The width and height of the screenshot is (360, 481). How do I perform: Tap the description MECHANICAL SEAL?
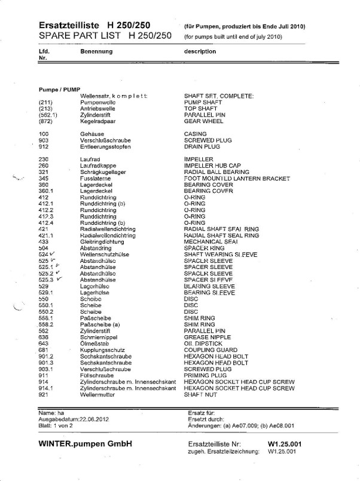coord(205,241)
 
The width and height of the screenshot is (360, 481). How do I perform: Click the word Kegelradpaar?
coord(97,121)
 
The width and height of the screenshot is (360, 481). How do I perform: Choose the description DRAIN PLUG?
coord(202,146)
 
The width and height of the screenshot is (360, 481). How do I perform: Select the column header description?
coord(200,51)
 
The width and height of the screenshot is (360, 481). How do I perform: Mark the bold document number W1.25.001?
coord(286,445)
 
